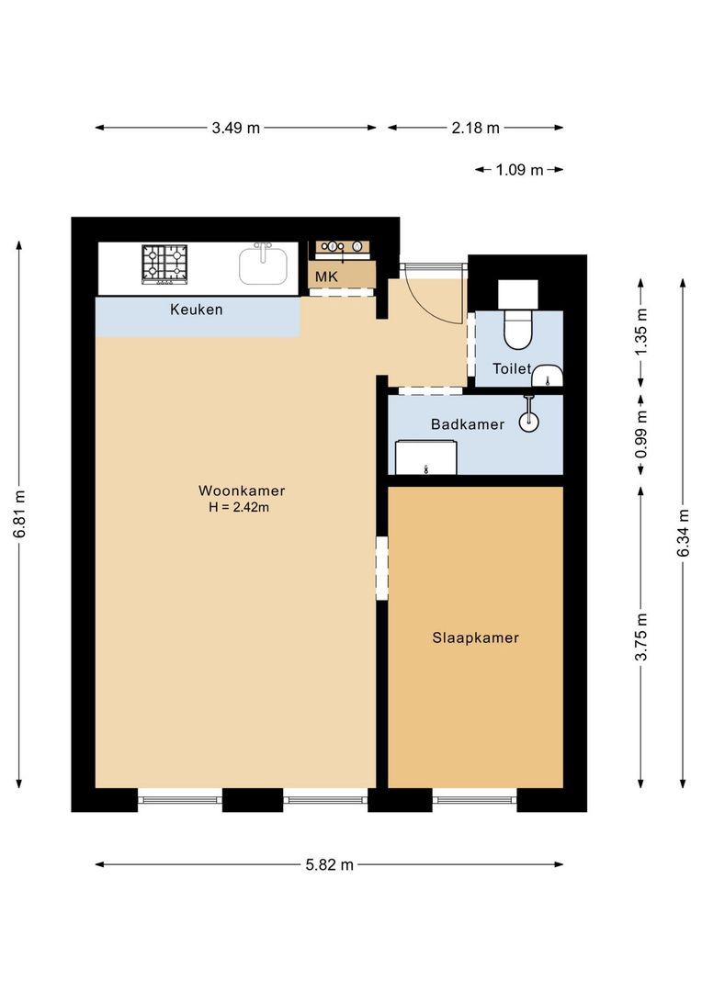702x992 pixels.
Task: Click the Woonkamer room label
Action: coord(242,490)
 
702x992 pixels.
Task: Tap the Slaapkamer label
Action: coord(475,637)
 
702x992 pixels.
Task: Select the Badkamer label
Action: coord(468,423)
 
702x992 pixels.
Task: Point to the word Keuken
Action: coord(197,310)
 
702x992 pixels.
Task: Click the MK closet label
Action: coord(326,276)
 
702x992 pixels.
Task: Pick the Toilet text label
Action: coord(512,368)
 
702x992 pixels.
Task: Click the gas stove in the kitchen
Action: coord(164,264)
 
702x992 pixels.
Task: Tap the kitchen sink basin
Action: coord(263,266)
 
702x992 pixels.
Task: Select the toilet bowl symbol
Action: coord(518,328)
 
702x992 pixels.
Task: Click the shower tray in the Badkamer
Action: coord(426,457)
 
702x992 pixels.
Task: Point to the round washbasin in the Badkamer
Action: coord(528,422)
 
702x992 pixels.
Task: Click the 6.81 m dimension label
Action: coord(19,513)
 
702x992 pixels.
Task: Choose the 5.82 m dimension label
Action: coord(329,864)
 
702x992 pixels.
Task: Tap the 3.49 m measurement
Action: coord(235,128)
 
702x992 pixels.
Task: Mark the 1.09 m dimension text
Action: coord(520,170)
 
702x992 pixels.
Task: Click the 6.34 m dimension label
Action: coord(683,533)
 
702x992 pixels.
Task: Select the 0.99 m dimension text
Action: coord(641,434)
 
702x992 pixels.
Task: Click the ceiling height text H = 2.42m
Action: coord(239,507)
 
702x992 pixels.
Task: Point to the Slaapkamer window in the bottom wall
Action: coord(475,800)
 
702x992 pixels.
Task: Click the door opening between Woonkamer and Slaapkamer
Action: coord(381,569)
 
